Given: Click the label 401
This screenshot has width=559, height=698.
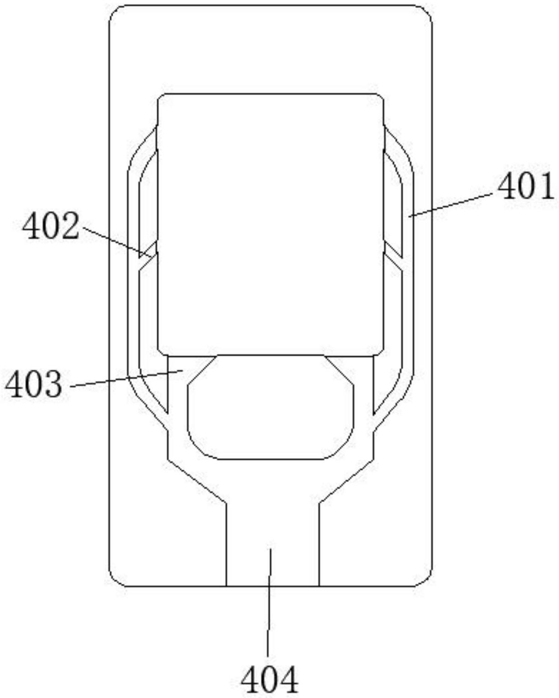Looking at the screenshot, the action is tap(526, 187).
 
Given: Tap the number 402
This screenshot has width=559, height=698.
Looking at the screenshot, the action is tap(51, 227).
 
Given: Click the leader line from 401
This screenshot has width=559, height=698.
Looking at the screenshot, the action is tap(452, 205).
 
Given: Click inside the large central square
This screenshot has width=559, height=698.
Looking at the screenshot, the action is tap(270, 224).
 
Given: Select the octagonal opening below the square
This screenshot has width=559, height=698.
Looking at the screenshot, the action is tap(270, 407).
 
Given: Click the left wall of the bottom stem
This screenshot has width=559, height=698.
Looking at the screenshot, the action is tap(227, 544).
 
